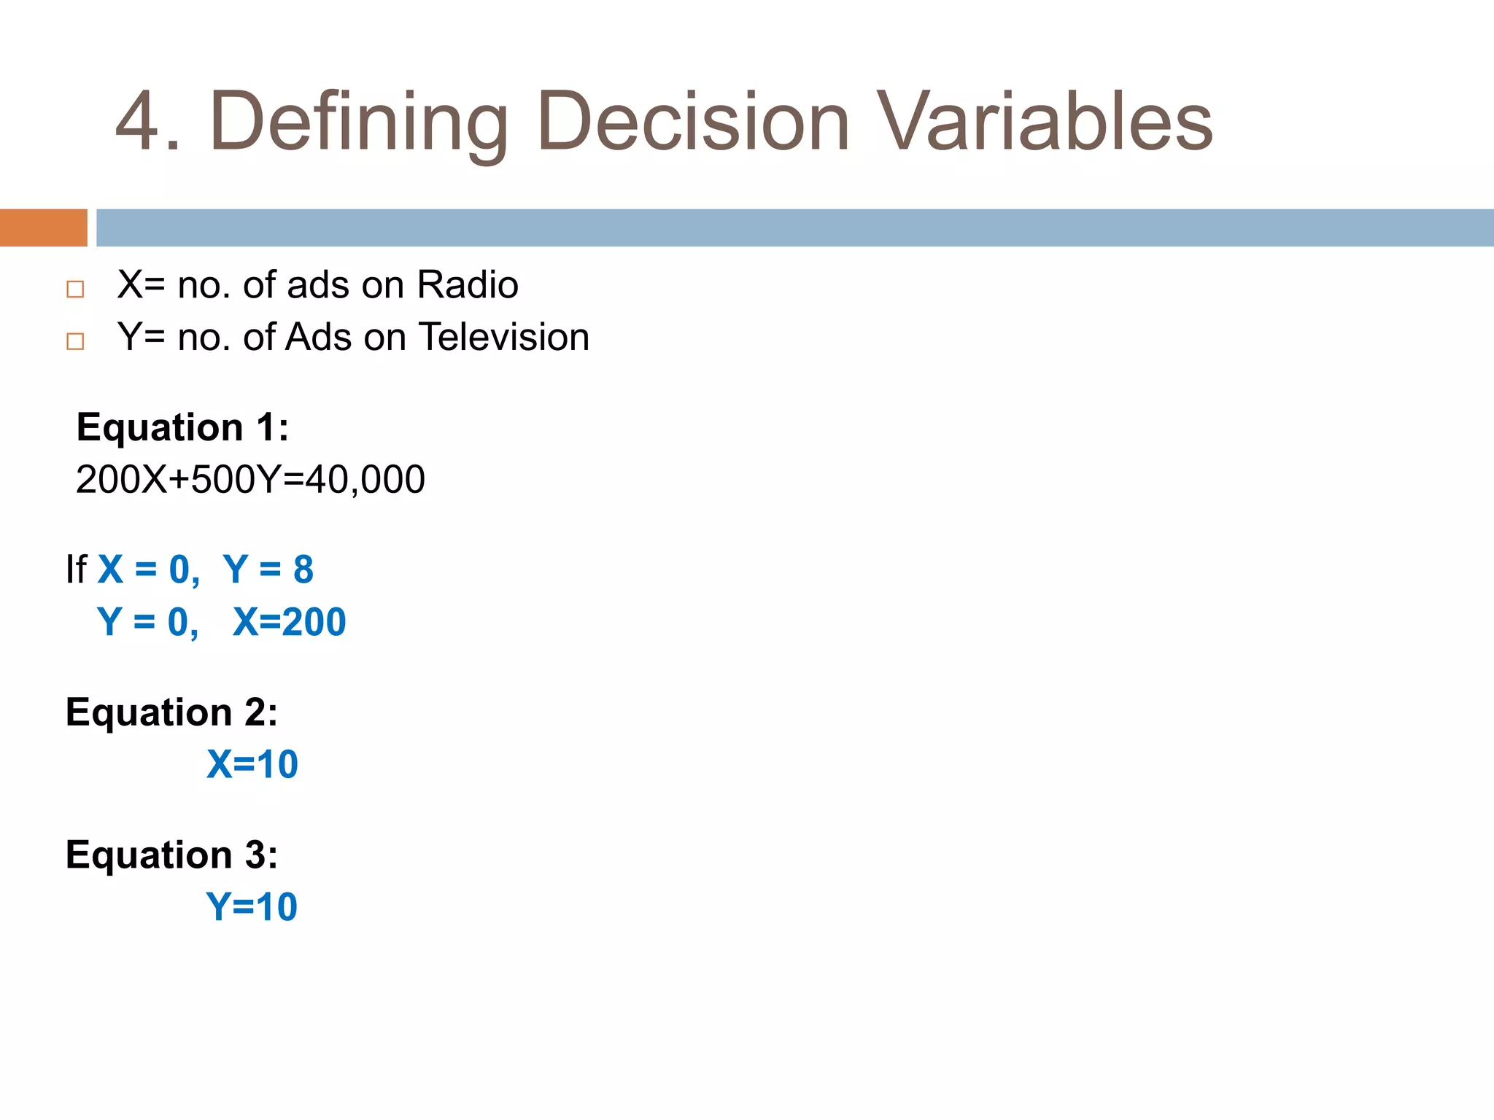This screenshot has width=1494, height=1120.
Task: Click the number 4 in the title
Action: (x=138, y=122)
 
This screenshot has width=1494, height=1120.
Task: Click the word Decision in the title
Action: (x=693, y=122)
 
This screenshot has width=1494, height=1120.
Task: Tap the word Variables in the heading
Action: (x=1043, y=122)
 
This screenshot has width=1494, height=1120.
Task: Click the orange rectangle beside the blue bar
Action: (x=43, y=227)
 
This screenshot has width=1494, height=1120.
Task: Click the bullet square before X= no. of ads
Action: (x=75, y=289)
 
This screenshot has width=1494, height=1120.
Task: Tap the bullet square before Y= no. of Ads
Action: (x=75, y=341)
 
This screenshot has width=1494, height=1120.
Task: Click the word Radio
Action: (x=468, y=285)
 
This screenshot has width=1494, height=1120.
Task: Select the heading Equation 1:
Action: (x=182, y=427)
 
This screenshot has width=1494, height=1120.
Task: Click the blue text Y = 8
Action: (x=268, y=569)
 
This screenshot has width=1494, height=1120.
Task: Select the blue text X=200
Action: (x=289, y=622)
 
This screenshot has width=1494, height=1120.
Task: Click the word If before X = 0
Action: (x=76, y=569)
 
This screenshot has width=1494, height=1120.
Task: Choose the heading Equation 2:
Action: (x=171, y=712)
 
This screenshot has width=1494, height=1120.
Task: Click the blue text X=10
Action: (x=252, y=765)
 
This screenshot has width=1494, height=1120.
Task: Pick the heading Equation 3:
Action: (x=171, y=855)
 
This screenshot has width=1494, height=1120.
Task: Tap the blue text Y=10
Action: (x=252, y=907)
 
